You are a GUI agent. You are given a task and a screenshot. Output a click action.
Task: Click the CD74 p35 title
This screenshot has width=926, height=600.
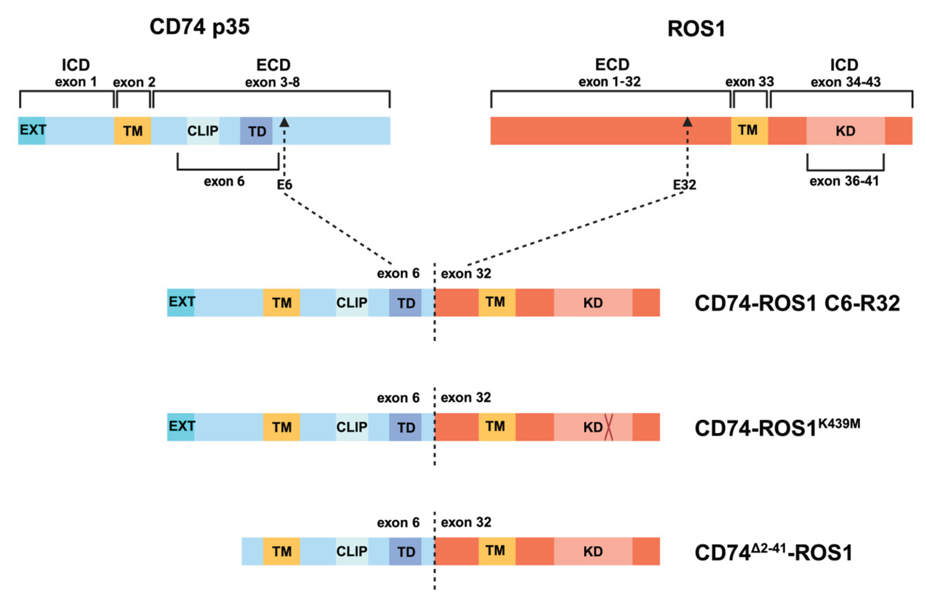coord(199,27)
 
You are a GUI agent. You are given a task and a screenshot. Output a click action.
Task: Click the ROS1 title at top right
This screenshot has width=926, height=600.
coord(696,29)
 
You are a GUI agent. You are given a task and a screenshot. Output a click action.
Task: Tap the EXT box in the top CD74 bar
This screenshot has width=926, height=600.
coord(32,131)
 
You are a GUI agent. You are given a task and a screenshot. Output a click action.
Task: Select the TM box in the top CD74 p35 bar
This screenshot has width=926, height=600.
coord(132,131)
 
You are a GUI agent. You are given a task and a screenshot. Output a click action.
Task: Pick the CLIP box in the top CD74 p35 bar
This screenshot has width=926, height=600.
coord(203,131)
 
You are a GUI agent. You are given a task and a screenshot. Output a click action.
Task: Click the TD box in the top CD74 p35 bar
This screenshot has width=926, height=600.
coord(256,131)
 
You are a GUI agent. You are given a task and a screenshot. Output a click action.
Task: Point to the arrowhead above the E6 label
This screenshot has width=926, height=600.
coord(285,122)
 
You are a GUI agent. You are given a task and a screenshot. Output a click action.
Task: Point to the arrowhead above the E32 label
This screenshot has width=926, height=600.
coord(688,122)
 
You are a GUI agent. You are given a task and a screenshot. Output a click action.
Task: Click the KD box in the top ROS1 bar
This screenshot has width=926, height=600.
coord(845,131)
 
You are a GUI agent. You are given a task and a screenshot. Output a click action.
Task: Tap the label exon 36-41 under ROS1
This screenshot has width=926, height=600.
coord(844,181)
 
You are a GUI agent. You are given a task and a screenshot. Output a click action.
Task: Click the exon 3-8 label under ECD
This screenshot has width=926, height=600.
coord(273,82)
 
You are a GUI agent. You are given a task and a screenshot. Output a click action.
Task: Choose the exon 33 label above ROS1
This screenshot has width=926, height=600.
coord(749,82)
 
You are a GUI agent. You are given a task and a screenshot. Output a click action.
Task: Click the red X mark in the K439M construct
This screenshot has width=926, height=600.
coord(608,427)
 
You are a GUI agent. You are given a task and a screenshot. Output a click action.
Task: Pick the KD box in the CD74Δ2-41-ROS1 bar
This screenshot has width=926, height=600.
coord(593,551)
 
